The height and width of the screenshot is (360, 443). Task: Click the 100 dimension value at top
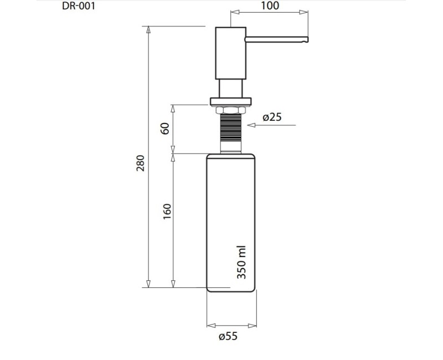[x=269, y=6]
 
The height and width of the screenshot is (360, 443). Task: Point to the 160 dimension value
[x=167, y=212]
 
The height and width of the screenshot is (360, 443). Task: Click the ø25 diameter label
[x=272, y=117]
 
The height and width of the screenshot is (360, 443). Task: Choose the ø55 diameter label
[x=228, y=336]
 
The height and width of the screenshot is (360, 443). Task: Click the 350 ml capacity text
[x=241, y=263]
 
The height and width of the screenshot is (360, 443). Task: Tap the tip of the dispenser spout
[x=306, y=39]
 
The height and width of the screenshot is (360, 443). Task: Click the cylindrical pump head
[x=230, y=53]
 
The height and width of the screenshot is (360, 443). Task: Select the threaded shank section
[x=230, y=127]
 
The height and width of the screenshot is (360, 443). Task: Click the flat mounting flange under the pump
[x=230, y=101]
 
